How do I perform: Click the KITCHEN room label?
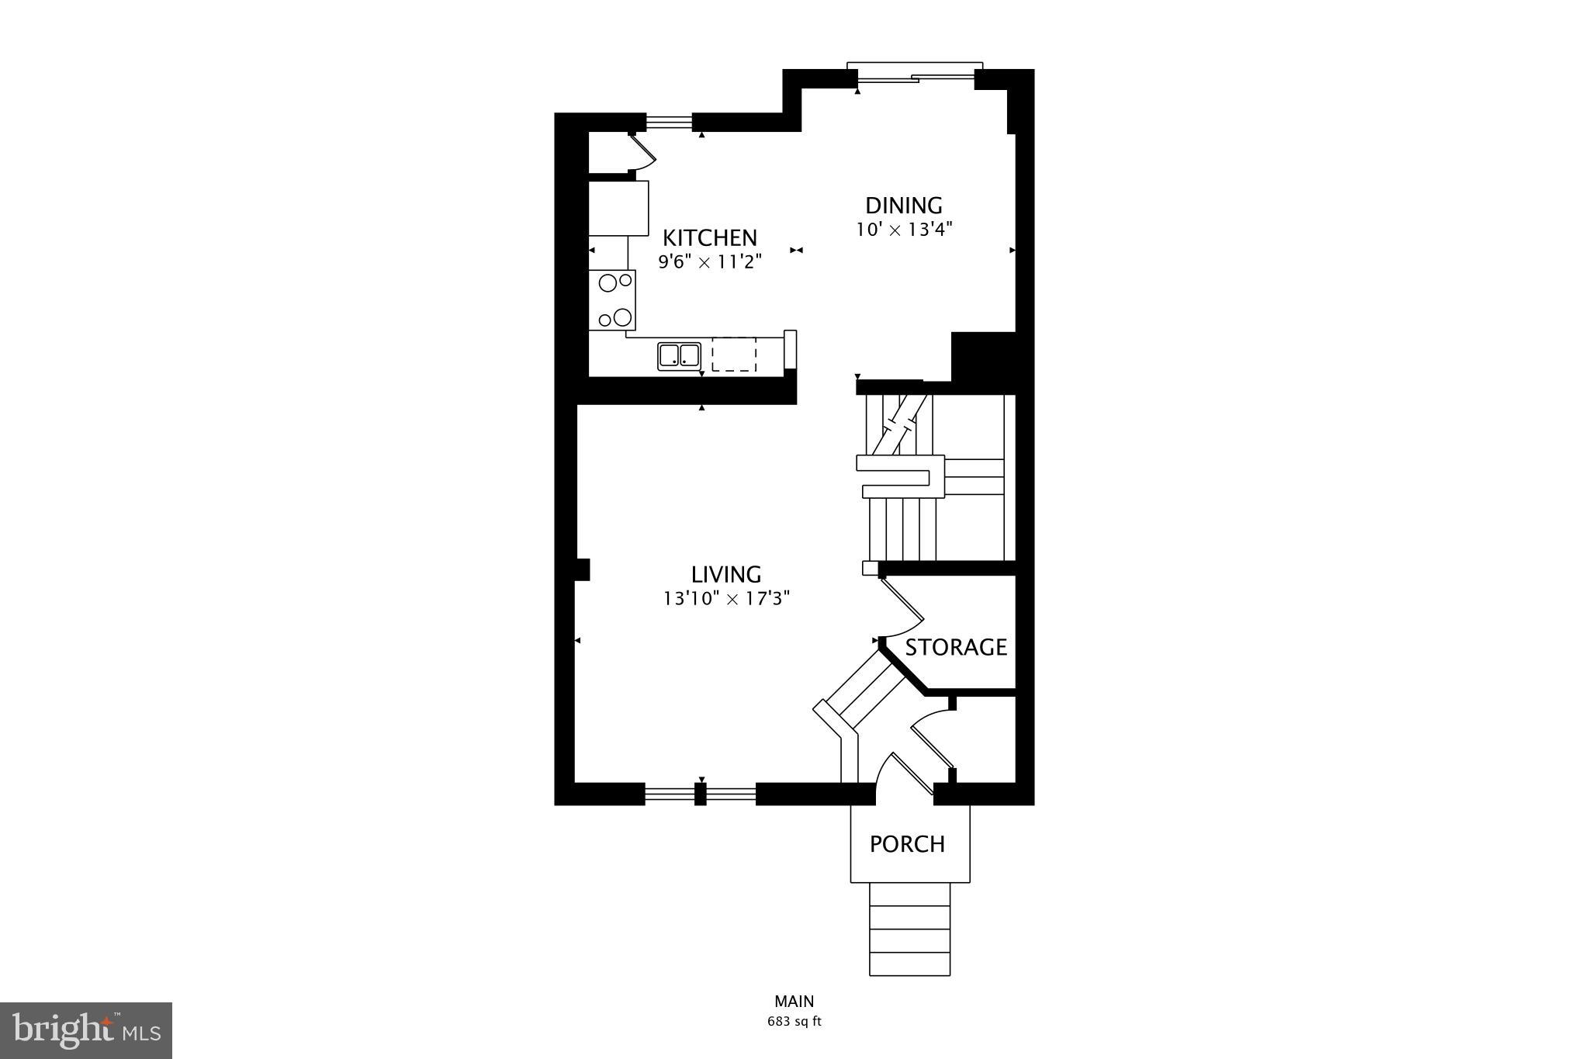(709, 237)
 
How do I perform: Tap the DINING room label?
(904, 206)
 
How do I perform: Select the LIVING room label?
(726, 574)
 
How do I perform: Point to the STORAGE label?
(956, 647)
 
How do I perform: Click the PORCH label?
(907, 844)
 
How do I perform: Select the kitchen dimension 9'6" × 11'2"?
(710, 262)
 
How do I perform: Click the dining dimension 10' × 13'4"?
(904, 230)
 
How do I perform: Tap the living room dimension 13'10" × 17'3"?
(726, 599)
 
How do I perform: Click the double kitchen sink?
(679, 355)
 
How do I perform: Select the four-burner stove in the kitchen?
(611, 300)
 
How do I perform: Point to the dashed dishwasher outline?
(734, 355)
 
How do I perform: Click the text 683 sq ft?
(794, 1022)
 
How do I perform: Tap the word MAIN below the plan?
(794, 1002)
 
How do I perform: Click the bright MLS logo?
(86, 1030)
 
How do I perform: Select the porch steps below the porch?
(909, 929)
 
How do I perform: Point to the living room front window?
(700, 794)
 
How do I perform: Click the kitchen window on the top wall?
(669, 122)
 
